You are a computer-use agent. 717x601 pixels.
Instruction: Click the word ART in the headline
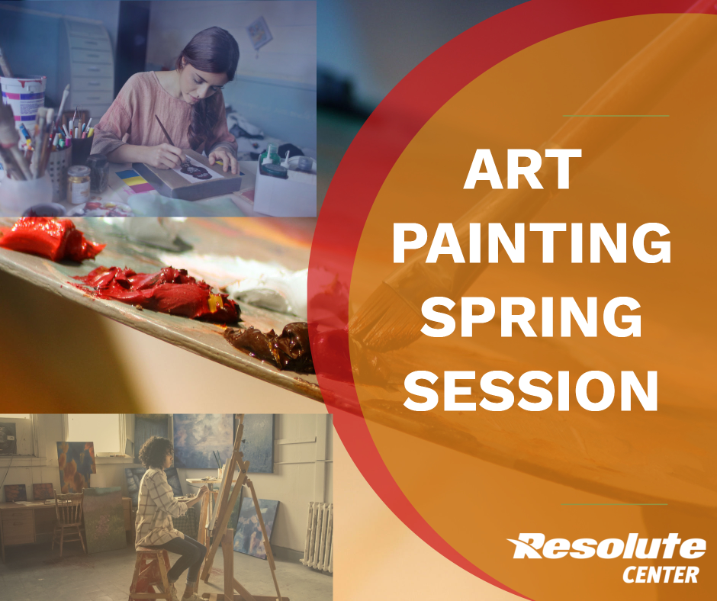tap(522, 169)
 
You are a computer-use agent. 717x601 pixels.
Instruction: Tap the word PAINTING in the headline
tap(532, 243)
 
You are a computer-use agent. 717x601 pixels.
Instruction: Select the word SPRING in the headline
tap(531, 316)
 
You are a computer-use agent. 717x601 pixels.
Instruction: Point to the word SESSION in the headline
tap(530, 390)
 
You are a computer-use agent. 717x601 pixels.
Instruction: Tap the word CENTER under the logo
tap(661, 574)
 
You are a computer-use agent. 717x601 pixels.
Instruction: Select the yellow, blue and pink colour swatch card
tap(134, 181)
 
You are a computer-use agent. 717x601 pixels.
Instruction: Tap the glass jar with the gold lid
tap(79, 185)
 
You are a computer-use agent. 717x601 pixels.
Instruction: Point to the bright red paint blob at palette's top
tap(48, 239)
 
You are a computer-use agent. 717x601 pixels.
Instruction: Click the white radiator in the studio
tap(318, 536)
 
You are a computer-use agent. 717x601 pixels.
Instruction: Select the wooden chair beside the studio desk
tap(69, 520)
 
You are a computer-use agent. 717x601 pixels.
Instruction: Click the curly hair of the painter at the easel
tap(156, 452)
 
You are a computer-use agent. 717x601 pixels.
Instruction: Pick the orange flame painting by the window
tap(76, 467)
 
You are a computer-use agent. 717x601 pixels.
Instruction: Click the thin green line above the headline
tap(616, 116)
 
